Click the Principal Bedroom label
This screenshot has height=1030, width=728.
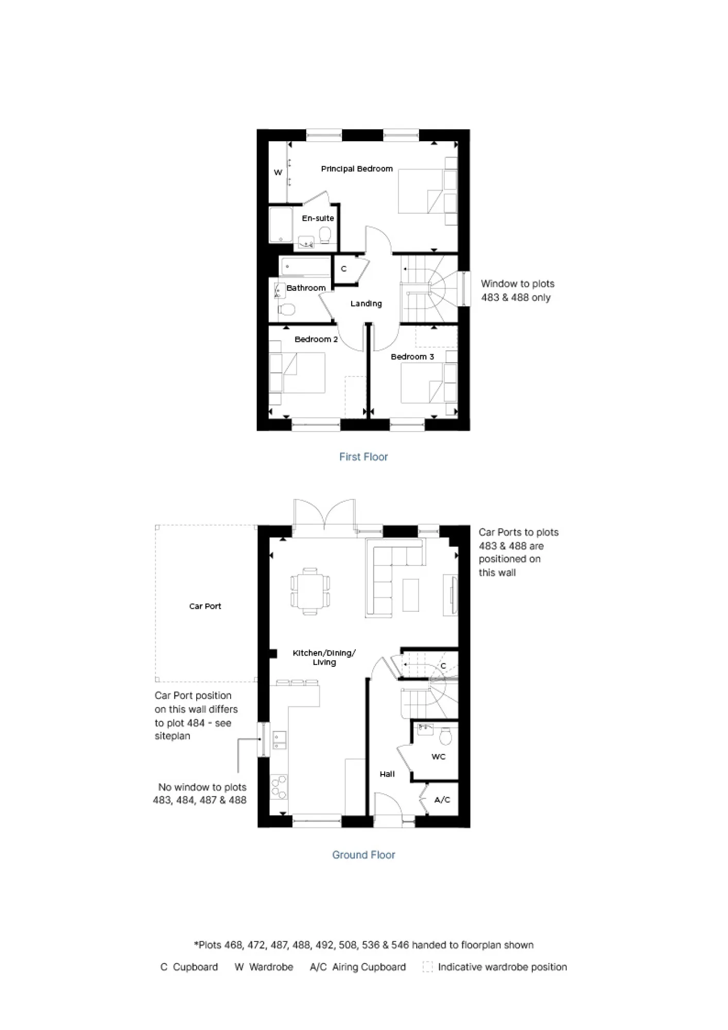357,169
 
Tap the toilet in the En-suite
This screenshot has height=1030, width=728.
325,236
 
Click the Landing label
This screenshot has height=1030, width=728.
366,304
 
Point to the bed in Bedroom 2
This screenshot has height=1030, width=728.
298,373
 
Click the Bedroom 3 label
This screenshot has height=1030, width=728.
412,357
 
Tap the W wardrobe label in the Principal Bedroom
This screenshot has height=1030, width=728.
278,173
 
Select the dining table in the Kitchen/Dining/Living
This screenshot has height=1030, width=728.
310,591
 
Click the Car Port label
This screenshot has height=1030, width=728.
205,607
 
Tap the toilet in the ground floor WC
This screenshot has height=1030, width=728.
446,736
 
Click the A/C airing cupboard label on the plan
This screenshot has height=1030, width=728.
442,800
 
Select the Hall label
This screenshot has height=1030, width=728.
387,774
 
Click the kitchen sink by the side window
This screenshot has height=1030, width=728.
280,740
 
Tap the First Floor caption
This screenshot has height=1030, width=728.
363,457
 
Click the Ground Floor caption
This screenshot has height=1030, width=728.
363,855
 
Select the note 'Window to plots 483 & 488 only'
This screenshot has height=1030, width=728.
517,290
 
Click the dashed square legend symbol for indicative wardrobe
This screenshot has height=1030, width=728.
427,967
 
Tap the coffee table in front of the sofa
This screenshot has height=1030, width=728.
411,595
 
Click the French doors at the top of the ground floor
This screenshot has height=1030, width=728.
324,515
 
